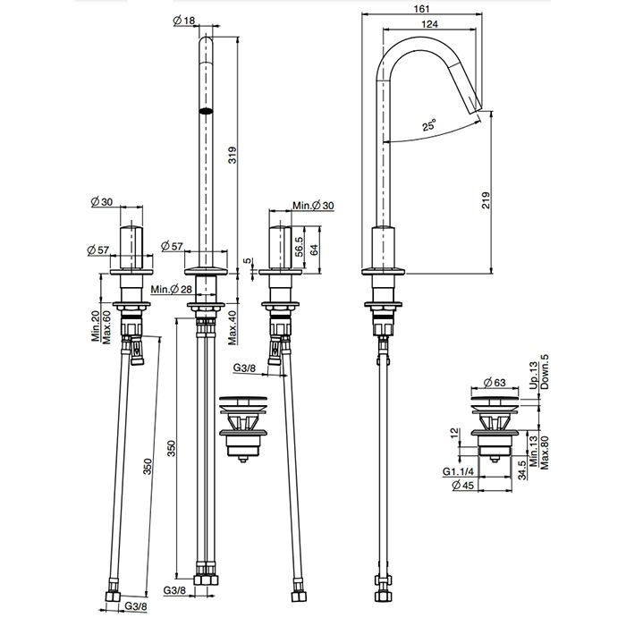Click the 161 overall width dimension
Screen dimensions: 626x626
(x=421, y=8)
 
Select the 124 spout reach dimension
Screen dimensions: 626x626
(x=429, y=24)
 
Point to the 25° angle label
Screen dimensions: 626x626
(x=429, y=125)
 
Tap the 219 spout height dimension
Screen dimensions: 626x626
(x=486, y=200)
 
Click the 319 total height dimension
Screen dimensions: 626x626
(x=232, y=156)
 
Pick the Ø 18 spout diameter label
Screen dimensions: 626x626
(x=184, y=20)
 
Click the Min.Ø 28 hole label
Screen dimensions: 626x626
(x=172, y=290)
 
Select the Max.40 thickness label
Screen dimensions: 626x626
(x=233, y=327)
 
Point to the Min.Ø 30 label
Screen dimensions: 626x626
(x=313, y=206)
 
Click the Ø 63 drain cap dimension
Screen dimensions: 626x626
(x=495, y=383)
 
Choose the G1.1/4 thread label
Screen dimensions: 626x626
(x=458, y=471)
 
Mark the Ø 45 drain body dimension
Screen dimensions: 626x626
(x=462, y=485)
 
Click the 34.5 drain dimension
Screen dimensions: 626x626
(x=521, y=469)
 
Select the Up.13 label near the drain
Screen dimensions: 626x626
(x=534, y=376)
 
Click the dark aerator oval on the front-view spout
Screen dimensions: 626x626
(x=206, y=111)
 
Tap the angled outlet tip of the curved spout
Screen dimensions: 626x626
(x=478, y=108)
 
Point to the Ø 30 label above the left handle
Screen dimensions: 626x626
(x=102, y=202)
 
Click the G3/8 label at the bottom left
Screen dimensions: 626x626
(x=136, y=606)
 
